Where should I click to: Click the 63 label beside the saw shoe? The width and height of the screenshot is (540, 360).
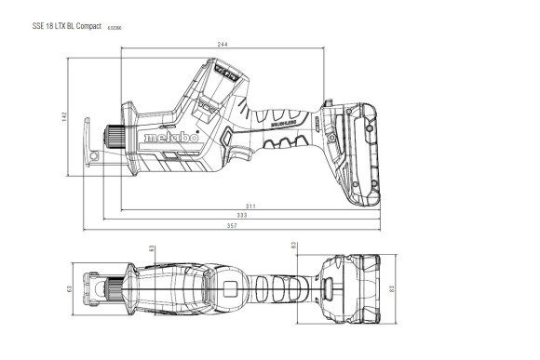tap(70, 288)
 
